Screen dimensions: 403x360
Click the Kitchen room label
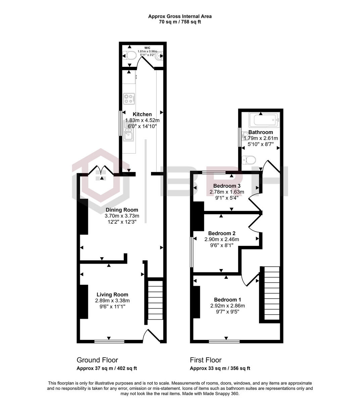142,114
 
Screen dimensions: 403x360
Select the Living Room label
112,295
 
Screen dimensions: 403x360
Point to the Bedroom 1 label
227,300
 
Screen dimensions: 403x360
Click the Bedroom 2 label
222,233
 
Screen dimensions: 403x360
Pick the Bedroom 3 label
227,186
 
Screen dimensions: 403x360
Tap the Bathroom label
261,132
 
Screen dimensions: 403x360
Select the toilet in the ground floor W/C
129,55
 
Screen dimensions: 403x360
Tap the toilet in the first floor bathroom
249,159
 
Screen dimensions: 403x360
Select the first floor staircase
271,293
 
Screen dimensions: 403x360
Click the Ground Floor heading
97,360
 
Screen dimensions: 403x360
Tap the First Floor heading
206,360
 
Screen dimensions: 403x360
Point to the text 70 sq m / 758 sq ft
180,22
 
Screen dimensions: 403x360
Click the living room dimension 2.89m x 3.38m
112,301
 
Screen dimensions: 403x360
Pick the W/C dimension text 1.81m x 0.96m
147,51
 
